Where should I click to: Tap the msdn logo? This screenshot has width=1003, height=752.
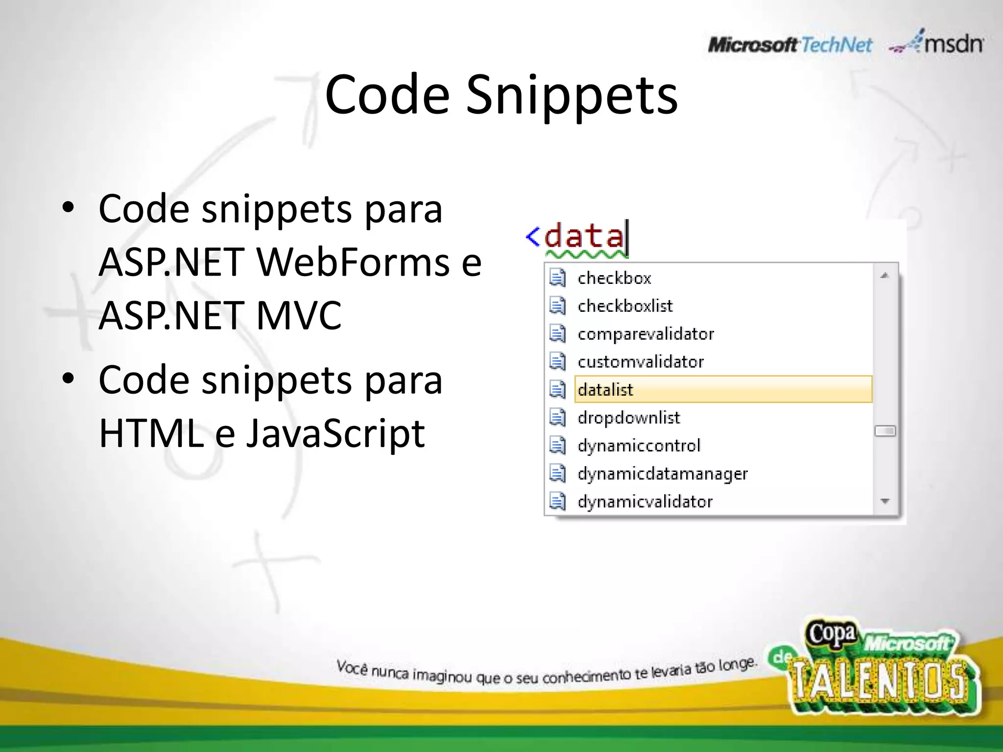[x=936, y=43]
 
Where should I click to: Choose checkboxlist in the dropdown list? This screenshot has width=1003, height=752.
[x=625, y=306]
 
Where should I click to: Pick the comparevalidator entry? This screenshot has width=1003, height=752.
[x=645, y=334]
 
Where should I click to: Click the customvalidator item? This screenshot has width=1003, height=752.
[x=640, y=362]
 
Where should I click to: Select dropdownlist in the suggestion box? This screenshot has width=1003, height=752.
[x=629, y=418]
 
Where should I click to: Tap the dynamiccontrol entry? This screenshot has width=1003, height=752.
[x=639, y=446]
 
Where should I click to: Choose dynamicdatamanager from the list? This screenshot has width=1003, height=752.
[x=662, y=473]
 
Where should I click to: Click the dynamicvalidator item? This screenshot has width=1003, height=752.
[x=645, y=501]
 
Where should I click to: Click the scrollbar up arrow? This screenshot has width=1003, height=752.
[x=884, y=276]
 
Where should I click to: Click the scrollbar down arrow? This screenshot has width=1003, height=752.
[x=884, y=501]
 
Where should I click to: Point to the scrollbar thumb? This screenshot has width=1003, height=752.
[x=884, y=431]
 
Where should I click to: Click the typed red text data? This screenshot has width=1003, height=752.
[x=584, y=236]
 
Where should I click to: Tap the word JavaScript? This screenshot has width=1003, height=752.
[x=335, y=433]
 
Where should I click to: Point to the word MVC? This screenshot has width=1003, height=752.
[x=299, y=315]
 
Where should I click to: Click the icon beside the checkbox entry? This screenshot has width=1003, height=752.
[x=557, y=278]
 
